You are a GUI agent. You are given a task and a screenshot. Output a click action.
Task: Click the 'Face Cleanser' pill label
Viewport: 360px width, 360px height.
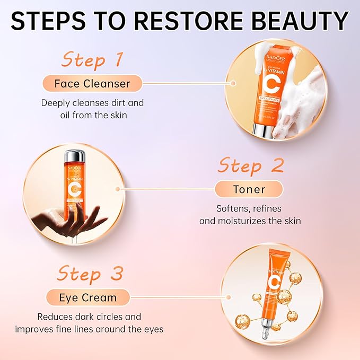click(x=92, y=84)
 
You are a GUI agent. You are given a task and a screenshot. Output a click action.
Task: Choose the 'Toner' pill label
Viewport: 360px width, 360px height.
click(x=249, y=189)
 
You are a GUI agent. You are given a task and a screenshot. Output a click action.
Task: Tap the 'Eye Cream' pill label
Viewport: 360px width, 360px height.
click(x=87, y=297)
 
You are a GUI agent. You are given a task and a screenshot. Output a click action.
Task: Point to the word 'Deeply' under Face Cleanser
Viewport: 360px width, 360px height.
click(x=57, y=102)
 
